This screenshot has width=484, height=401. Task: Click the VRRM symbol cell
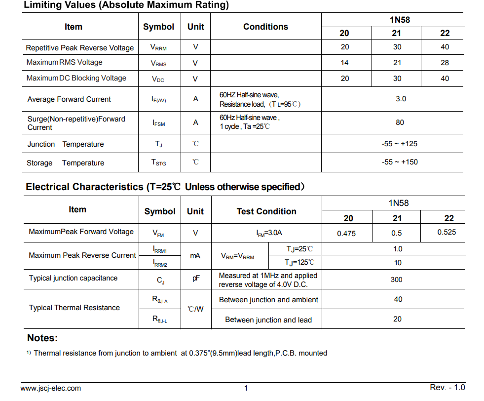[x=158, y=47]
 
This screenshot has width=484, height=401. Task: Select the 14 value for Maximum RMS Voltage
[x=344, y=63]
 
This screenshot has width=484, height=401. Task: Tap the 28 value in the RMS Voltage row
[x=445, y=63]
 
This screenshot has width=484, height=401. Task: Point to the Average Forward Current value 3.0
[x=401, y=99]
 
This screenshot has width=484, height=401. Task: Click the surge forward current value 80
[x=400, y=122]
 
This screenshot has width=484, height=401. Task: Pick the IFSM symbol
[x=158, y=123]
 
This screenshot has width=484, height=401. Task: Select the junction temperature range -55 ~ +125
[x=399, y=144]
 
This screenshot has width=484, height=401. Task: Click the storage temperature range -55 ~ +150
[x=400, y=162]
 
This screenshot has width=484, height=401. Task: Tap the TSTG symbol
[x=158, y=162]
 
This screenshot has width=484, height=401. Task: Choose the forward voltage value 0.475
[x=346, y=233]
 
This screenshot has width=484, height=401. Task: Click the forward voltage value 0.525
[x=447, y=232]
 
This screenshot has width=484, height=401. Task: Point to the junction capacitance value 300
[x=396, y=280]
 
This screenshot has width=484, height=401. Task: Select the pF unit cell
[x=196, y=279]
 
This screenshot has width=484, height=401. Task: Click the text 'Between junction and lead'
[x=268, y=320]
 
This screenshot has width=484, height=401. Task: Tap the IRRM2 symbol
[x=160, y=263]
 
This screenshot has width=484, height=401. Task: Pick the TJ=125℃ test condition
[x=299, y=263]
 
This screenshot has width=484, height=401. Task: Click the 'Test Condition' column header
[x=266, y=211]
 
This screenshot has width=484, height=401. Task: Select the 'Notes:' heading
[x=42, y=338]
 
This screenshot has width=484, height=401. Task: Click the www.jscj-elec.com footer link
[x=51, y=389]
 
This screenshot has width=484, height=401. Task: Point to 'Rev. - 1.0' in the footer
[x=447, y=388]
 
